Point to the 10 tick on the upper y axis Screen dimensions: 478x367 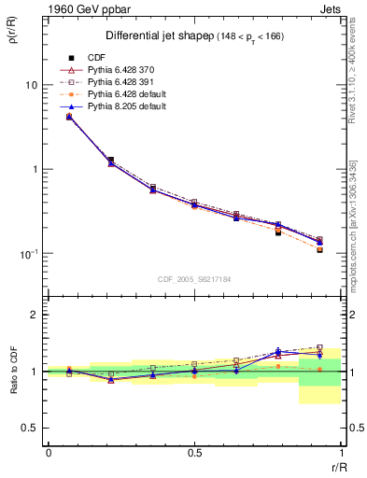click(30, 85)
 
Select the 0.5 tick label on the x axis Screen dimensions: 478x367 click(194, 452)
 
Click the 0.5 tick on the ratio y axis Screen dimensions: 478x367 click(29, 428)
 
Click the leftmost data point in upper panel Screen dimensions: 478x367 click(69, 117)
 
